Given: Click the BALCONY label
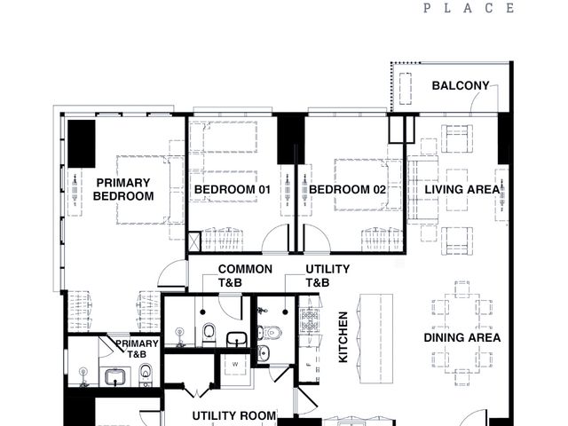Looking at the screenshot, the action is [461, 86].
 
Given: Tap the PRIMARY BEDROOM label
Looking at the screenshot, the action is [123, 189].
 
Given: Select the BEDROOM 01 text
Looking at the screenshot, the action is [233, 189].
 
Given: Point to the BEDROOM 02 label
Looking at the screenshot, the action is [347, 189].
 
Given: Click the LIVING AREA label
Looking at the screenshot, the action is [462, 189].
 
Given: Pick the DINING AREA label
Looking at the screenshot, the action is [462, 337].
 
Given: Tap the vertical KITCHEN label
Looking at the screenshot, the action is [343, 337].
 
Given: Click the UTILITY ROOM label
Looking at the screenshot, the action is [234, 416].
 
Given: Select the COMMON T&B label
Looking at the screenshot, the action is [245, 276].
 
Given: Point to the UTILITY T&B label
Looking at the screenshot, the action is [327, 276].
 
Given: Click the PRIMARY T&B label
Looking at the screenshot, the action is [137, 349].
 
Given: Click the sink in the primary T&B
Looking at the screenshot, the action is [115, 377].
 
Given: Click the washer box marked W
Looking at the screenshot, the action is [235, 365].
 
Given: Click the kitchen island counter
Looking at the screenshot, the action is [376, 339].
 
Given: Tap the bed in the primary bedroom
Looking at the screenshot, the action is [145, 190].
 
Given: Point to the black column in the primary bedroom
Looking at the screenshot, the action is [82, 144].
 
